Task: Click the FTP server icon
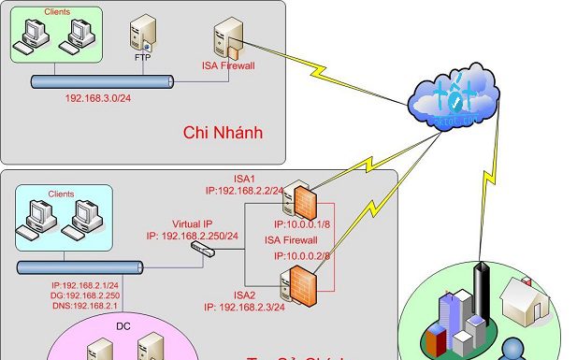[x=142, y=36]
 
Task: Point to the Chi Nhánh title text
[x=222, y=133]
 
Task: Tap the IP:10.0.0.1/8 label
[x=302, y=225]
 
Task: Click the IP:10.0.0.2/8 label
[x=302, y=256]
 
